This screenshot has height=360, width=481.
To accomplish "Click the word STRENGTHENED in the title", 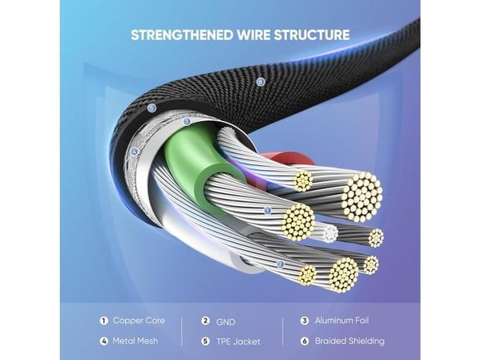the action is click(182, 34).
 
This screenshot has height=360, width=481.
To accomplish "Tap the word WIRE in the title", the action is click(253, 34).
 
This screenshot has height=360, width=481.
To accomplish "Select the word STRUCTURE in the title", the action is click(311, 34).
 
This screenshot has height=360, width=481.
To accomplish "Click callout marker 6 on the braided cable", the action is click(261, 82).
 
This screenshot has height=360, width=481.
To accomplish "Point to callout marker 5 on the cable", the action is click(152, 108).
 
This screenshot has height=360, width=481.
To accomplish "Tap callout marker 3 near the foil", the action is click(186, 122).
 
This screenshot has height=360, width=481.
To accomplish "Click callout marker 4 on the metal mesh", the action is click(135, 152).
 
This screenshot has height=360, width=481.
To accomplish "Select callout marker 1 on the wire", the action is click(268, 211).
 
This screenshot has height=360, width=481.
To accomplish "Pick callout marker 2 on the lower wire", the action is click(280, 265).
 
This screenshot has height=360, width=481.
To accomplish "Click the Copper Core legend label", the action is click(139, 321).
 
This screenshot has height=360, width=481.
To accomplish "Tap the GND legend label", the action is click(226, 322).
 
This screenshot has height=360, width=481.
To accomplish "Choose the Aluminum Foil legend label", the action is click(342, 321).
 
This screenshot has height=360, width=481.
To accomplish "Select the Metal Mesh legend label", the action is click(135, 341).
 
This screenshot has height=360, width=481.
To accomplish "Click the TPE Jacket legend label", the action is click(238, 342).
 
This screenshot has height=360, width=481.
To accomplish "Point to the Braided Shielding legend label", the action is click(350, 341).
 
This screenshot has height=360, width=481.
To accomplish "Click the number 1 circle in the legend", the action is click(104, 321).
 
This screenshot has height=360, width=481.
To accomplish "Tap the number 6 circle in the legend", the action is click(305, 341).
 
